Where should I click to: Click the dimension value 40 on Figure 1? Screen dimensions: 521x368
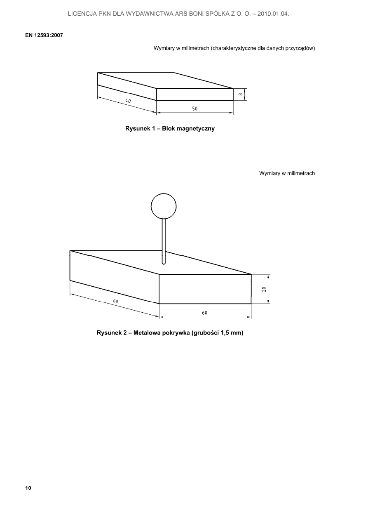point(128,101)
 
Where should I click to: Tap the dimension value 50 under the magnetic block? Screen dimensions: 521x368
point(195,109)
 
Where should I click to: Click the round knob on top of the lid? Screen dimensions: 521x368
point(164,205)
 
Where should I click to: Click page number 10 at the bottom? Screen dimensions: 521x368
point(28,488)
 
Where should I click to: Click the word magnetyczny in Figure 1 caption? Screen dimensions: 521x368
point(195,129)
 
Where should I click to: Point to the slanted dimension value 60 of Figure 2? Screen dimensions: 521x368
point(116,302)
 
